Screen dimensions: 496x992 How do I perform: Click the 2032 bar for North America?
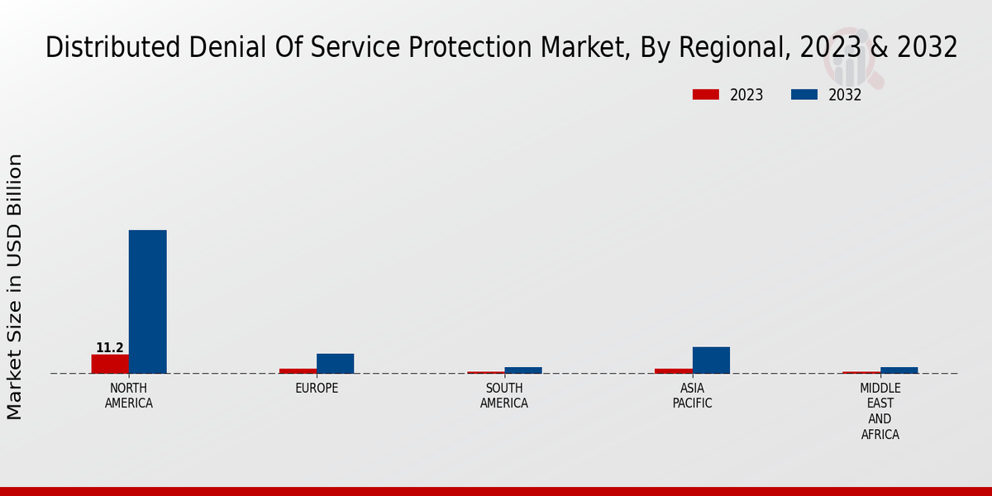click(x=147, y=302)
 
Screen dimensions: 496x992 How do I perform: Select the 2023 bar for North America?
click(x=110, y=364)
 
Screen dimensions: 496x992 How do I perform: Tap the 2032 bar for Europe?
click(x=335, y=364)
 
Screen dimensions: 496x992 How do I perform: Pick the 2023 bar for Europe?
click(x=298, y=370)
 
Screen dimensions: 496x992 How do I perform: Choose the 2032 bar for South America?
click(x=523, y=370)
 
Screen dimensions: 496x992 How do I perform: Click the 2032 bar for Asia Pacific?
click(x=711, y=360)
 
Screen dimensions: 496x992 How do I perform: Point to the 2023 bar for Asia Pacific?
click(x=673, y=370)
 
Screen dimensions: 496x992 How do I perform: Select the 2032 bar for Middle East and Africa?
click(x=899, y=370)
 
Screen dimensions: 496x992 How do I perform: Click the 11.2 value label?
click(x=110, y=348)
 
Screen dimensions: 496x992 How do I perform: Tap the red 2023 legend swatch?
click(x=705, y=95)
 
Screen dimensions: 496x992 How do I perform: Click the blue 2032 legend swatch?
click(x=804, y=95)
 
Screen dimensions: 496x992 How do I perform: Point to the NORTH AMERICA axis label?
click(x=129, y=396)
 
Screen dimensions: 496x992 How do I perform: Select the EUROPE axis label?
click(x=317, y=389)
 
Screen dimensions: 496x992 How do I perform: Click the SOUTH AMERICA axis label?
click(x=504, y=396)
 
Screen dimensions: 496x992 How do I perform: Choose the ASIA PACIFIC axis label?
click(x=692, y=396)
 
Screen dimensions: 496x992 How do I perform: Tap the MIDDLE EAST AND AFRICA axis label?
click(x=880, y=411)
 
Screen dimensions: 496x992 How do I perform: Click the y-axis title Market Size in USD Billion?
click(x=15, y=287)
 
